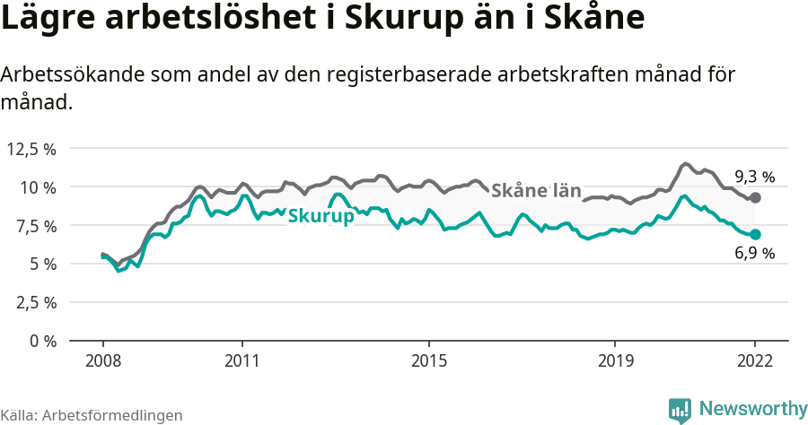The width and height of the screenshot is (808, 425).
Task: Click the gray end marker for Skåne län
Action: click(x=755, y=197)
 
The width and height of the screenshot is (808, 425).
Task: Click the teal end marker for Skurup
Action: click(x=755, y=234)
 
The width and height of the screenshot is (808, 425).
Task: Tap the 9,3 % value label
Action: click(x=754, y=177)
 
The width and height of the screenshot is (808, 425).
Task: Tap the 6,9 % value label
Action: click(x=754, y=254)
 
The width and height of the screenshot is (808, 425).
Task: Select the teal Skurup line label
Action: click(x=321, y=216)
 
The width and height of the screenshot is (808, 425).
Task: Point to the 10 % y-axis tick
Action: click(x=38, y=187)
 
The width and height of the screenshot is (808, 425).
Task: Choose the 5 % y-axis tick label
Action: click(x=41, y=264)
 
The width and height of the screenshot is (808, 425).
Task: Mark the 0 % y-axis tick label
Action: click(x=41, y=341)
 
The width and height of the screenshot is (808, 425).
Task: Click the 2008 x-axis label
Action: click(x=102, y=361)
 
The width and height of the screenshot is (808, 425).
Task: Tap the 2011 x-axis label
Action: click(x=242, y=361)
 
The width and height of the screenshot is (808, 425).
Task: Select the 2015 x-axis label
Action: click(x=429, y=361)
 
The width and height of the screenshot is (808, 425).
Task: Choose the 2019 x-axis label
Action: click(x=615, y=361)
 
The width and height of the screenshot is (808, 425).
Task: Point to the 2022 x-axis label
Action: click(x=755, y=361)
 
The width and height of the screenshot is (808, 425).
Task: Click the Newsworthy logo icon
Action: click(x=680, y=411)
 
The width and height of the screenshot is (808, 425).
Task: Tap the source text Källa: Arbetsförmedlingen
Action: click(x=92, y=415)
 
